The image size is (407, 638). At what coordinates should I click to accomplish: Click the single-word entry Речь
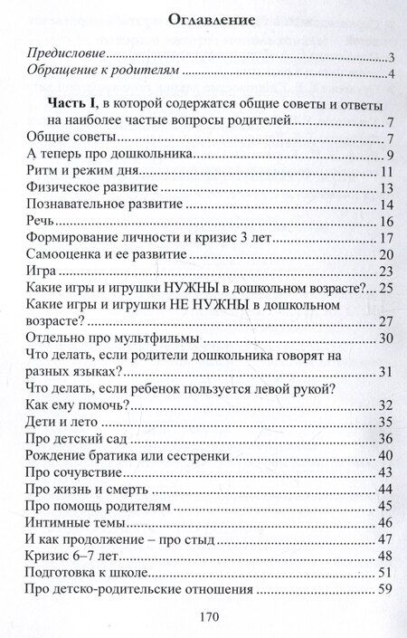click(43, 223)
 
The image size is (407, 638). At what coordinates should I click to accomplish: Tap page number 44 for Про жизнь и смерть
click(384, 489)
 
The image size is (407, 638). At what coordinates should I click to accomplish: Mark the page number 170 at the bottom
click(203, 618)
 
